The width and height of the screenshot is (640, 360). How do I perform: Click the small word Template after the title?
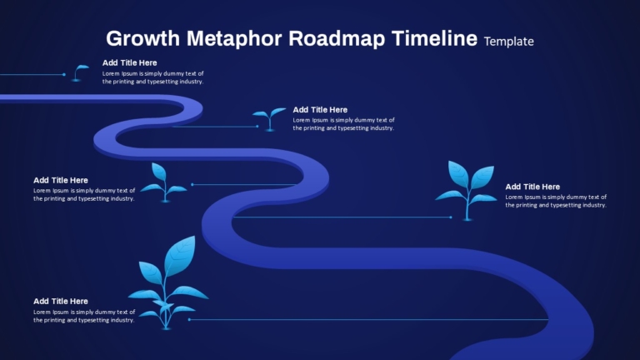(x=508, y=41)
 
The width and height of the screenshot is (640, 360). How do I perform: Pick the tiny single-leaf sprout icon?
(x=79, y=72)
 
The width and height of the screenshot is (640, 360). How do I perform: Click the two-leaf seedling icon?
(x=269, y=117)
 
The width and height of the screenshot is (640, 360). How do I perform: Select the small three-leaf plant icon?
(x=163, y=182)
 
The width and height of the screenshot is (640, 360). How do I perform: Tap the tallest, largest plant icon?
(x=167, y=283)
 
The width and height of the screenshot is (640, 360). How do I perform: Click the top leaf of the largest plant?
(x=180, y=253)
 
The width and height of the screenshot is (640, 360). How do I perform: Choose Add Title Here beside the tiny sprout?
(x=129, y=62)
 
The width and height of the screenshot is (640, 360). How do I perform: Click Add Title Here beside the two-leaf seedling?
(x=320, y=109)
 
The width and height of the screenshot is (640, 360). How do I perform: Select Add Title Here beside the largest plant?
(x=61, y=301)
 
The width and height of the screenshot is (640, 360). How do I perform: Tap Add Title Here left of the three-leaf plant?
(x=61, y=180)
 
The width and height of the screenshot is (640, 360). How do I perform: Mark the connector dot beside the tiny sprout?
(x=64, y=75)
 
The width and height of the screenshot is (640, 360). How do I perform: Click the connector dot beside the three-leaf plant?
(x=192, y=184)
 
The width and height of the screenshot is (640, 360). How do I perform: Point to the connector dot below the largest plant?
(x=189, y=319)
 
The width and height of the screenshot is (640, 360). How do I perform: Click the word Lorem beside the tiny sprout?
(x=112, y=73)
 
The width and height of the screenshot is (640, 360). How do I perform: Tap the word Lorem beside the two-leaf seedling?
(x=303, y=120)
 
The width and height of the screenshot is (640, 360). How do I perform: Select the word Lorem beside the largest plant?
(x=43, y=312)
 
